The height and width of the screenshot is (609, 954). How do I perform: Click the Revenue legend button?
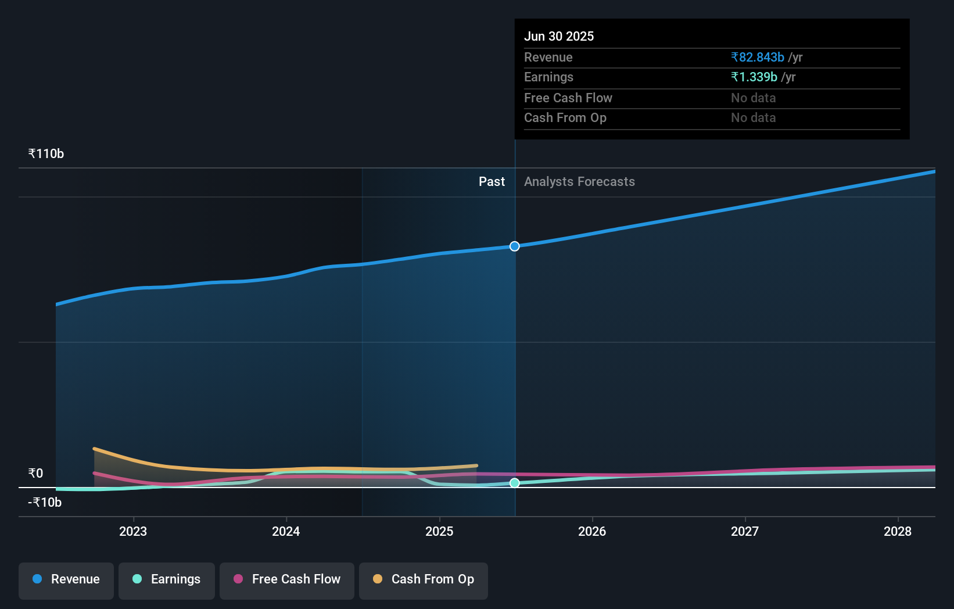(66, 579)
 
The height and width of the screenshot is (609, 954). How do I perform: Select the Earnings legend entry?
(167, 579)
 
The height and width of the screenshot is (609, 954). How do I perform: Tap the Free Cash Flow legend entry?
(287, 579)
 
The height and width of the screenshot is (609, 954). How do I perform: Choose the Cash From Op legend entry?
(424, 579)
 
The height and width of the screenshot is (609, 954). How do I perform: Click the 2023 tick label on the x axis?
(133, 531)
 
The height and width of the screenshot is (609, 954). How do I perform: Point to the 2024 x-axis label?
(286, 531)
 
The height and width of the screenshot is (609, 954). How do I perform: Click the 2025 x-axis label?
(439, 531)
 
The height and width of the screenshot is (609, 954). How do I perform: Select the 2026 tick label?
(592, 531)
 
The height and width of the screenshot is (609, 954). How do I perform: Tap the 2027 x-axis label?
(745, 531)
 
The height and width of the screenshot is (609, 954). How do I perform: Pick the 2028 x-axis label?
(898, 531)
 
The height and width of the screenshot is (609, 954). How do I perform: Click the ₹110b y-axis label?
(46, 154)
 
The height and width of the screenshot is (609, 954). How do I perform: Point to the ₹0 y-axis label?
(35, 474)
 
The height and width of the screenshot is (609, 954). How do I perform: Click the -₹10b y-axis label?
(45, 503)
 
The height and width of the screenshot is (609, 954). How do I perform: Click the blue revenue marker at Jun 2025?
(515, 246)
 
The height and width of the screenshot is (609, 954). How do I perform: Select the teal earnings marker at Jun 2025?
(515, 483)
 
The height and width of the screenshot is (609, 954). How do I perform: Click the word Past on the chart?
(492, 182)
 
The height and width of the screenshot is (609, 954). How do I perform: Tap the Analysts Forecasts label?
(579, 182)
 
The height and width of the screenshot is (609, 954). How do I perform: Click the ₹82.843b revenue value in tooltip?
(758, 58)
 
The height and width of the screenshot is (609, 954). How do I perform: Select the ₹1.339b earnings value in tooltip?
(754, 77)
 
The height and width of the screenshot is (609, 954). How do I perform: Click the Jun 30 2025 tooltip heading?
(559, 37)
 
